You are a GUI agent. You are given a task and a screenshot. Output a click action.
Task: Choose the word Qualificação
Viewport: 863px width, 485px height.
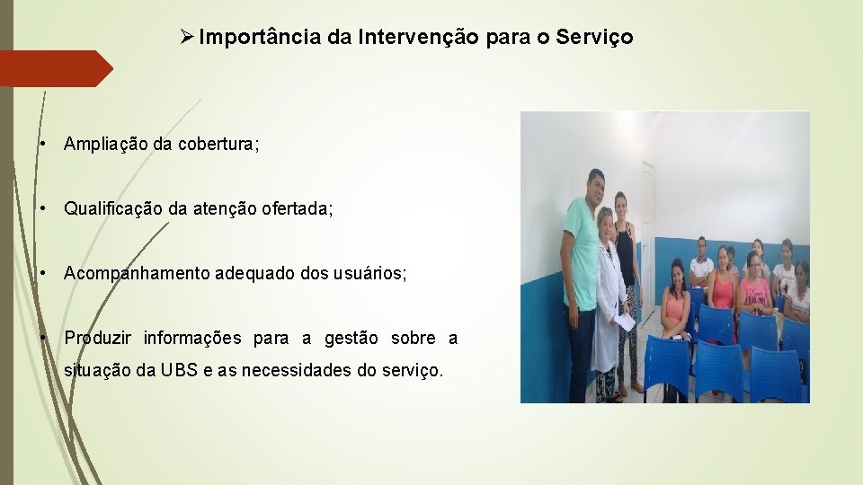tap(113, 209)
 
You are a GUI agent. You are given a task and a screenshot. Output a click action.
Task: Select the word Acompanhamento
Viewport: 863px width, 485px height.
tap(137, 274)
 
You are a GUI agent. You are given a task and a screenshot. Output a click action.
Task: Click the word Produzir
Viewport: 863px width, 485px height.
tap(98, 339)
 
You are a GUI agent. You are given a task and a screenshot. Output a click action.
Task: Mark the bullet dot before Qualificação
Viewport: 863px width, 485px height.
tap(44, 209)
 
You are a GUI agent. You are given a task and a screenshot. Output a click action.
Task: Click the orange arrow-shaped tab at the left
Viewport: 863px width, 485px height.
tap(54, 68)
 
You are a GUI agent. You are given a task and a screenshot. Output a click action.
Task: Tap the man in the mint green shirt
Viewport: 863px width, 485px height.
tap(580, 260)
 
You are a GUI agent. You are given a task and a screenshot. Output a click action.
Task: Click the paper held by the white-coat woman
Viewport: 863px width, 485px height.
tap(624, 322)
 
